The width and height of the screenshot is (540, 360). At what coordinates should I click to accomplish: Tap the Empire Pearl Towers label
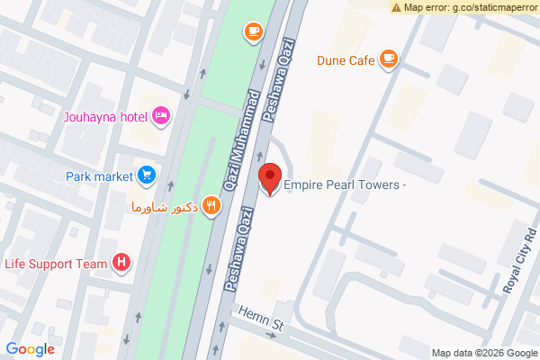[346, 186]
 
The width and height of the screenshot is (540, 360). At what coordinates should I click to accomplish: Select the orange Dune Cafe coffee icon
[389, 60]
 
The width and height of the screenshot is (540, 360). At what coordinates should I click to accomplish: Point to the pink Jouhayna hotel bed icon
[161, 114]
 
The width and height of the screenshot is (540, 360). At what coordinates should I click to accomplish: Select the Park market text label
[99, 175]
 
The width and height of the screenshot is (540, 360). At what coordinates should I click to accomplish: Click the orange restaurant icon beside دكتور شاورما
[211, 205]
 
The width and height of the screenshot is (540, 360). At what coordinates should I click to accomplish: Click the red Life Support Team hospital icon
[121, 263]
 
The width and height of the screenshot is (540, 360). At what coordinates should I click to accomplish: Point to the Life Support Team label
[56, 264]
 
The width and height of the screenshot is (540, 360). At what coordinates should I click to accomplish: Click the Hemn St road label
[262, 319]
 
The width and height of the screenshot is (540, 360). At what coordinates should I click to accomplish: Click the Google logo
[31, 349]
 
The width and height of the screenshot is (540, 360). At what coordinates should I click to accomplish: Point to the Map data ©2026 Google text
[483, 352]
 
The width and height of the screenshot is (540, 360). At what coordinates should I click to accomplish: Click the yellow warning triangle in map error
[397, 7]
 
